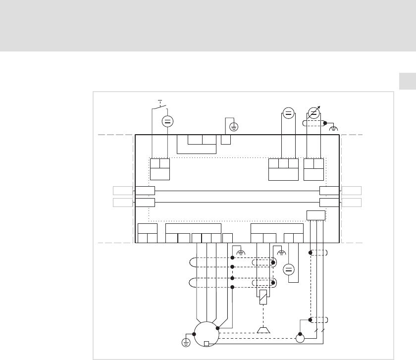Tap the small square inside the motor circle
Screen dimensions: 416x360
(207, 344)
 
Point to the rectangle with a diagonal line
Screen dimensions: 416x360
(263, 297)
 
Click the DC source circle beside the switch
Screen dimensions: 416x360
(167, 121)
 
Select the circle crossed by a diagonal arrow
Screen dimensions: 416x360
(313, 112)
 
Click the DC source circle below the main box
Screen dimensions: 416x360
(289, 270)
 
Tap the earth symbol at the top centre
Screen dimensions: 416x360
(234, 127)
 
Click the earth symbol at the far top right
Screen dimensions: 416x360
(334, 128)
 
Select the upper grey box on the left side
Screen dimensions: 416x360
(122, 190)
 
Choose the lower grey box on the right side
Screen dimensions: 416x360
(352, 202)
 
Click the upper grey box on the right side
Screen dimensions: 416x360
(352, 190)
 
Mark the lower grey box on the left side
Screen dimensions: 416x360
(122, 202)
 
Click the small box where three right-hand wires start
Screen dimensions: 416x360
(316, 215)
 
